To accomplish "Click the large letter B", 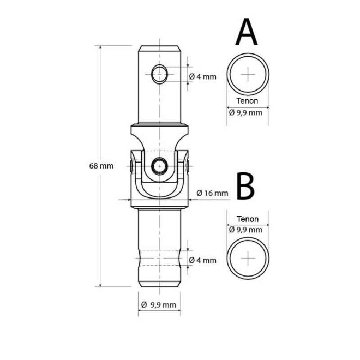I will click(x=246, y=187).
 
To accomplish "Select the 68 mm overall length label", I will click(x=101, y=166).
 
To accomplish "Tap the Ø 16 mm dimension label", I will click(x=212, y=193).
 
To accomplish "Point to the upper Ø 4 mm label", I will click(x=203, y=77).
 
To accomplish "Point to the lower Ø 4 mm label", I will click(x=203, y=260).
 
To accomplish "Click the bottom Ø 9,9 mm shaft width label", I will click(x=159, y=304).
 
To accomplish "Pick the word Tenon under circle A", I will click(x=248, y=101).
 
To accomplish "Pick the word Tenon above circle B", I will click(x=248, y=219).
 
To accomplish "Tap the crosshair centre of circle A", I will click(x=248, y=74).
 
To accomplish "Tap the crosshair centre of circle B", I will click(x=248, y=257).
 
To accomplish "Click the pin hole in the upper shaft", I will click(x=160, y=72).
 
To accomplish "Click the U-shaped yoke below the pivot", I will click(x=159, y=191).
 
